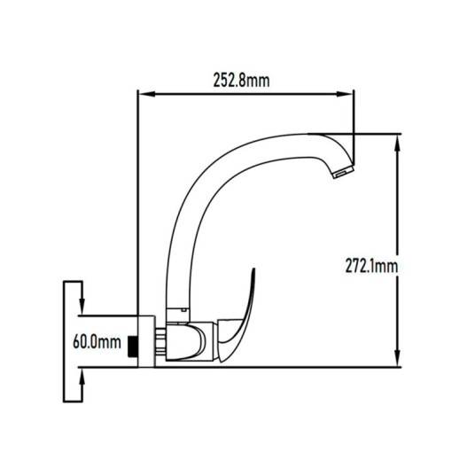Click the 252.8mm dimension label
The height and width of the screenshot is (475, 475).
click(x=241, y=81)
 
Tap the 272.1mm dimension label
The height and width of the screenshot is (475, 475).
click(x=371, y=266)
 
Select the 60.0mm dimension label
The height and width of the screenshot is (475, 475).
click(x=97, y=342)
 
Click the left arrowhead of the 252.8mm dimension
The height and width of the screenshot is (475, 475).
click(x=146, y=94)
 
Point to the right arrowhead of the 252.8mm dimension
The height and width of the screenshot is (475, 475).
click(x=345, y=94)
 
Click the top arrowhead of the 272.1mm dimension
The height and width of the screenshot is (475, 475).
click(x=398, y=143)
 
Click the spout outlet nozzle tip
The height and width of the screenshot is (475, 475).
click(x=344, y=172)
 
